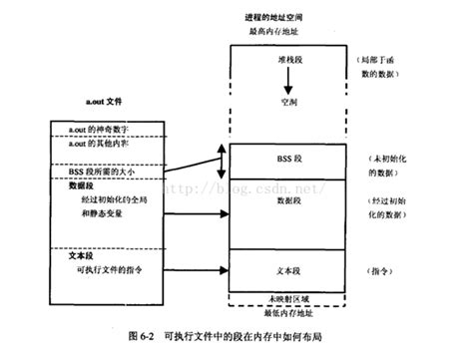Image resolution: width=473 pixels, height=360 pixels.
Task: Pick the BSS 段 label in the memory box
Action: point(289,158)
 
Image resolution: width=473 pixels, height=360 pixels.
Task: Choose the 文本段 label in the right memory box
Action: point(289,270)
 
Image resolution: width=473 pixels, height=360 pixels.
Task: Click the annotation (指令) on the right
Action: point(382,270)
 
